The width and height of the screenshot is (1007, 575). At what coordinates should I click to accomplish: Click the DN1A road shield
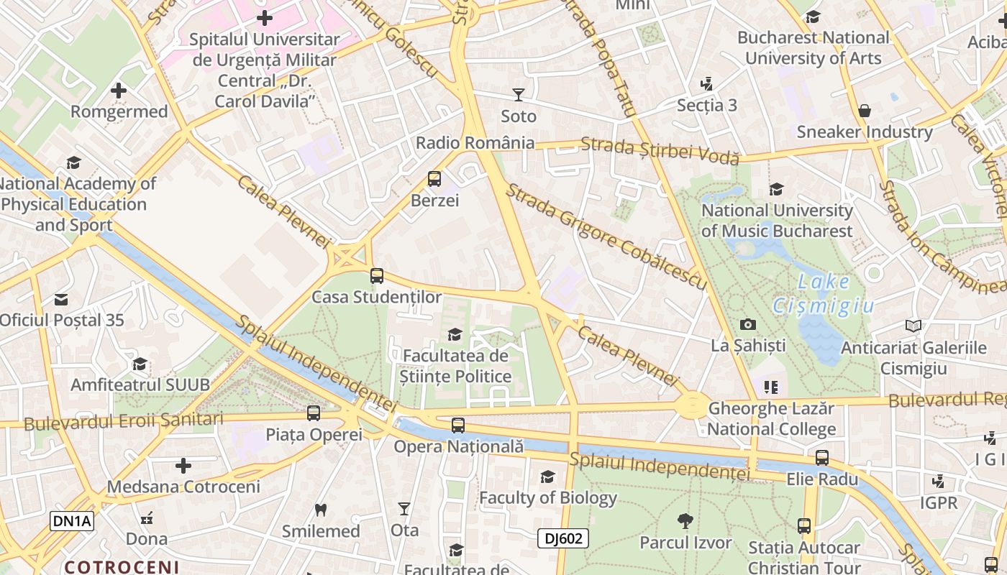72,521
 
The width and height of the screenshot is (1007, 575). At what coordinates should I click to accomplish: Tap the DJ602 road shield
563,538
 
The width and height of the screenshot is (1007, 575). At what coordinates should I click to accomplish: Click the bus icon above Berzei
434,179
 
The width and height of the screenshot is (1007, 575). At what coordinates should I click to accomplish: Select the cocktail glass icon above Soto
518,94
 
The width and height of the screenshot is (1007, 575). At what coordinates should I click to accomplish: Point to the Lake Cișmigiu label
824,293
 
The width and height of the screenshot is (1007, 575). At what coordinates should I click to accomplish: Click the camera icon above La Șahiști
748,325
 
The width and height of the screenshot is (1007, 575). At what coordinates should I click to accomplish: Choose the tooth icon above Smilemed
321,510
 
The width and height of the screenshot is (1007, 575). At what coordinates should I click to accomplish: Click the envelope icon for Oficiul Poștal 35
61,299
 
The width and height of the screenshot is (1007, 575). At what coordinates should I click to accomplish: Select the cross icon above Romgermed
119,91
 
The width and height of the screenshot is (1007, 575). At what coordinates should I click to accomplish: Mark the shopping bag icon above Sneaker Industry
865,111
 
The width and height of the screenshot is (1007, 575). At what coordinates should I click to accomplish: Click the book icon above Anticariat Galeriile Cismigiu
913,326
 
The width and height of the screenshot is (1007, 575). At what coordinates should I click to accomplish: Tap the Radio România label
475,143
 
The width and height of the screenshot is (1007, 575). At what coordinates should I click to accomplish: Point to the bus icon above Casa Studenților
377,276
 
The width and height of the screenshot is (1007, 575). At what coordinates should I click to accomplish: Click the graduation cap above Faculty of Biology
548,477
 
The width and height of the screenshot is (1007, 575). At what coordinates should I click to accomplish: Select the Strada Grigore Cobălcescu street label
606,236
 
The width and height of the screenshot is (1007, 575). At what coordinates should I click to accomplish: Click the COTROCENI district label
122,566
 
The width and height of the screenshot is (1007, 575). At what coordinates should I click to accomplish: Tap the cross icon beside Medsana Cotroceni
183,466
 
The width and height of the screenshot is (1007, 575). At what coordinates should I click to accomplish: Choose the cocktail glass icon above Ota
404,509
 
